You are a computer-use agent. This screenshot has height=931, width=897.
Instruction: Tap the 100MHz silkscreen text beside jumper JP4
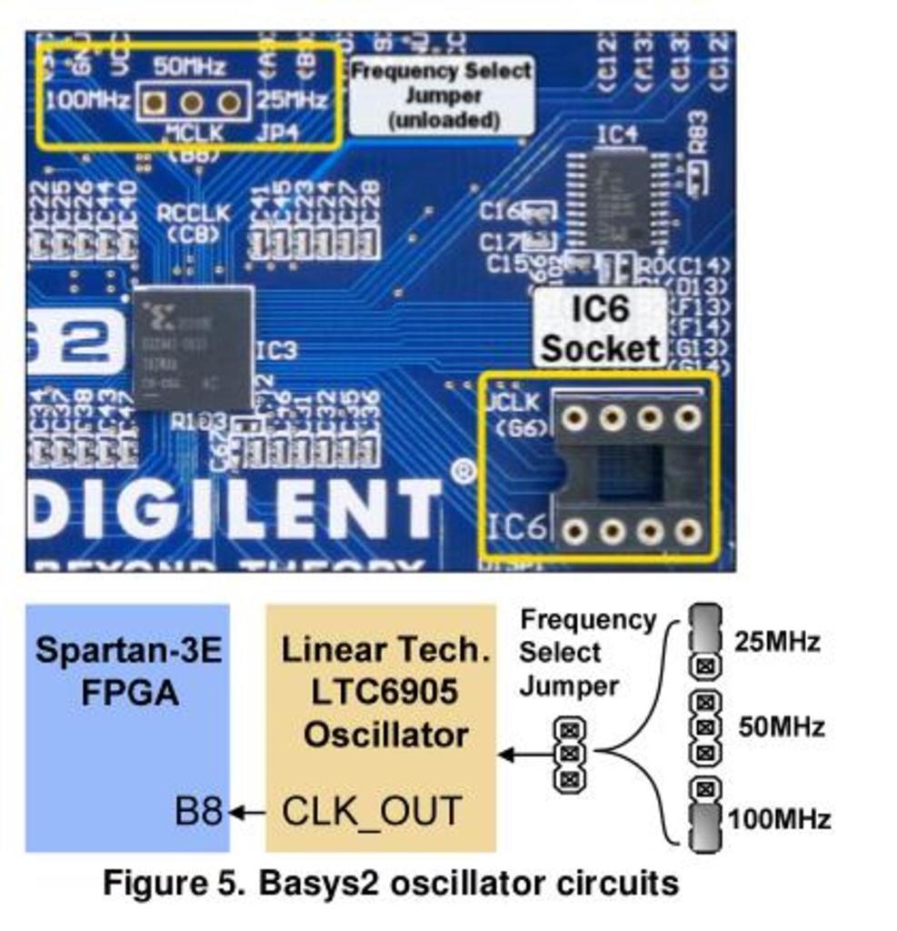click(x=87, y=101)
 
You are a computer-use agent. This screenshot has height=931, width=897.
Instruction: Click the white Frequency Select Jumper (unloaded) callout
click(x=441, y=95)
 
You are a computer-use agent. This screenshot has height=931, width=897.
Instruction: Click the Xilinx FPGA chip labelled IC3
click(x=192, y=347)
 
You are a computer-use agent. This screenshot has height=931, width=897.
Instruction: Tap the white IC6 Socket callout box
click(x=600, y=328)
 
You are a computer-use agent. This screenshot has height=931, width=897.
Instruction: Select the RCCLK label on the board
click(x=193, y=213)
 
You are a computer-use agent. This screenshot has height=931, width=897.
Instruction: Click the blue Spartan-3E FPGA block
click(x=126, y=727)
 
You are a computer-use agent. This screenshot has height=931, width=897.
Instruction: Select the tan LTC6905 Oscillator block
click(x=380, y=727)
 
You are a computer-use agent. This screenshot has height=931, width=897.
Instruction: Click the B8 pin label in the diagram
click(x=198, y=811)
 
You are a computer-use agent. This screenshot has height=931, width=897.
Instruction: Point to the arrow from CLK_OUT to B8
click(x=247, y=812)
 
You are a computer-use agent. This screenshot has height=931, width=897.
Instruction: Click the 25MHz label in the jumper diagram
click(x=777, y=643)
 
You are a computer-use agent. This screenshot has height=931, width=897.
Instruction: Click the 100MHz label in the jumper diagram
click(x=779, y=819)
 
